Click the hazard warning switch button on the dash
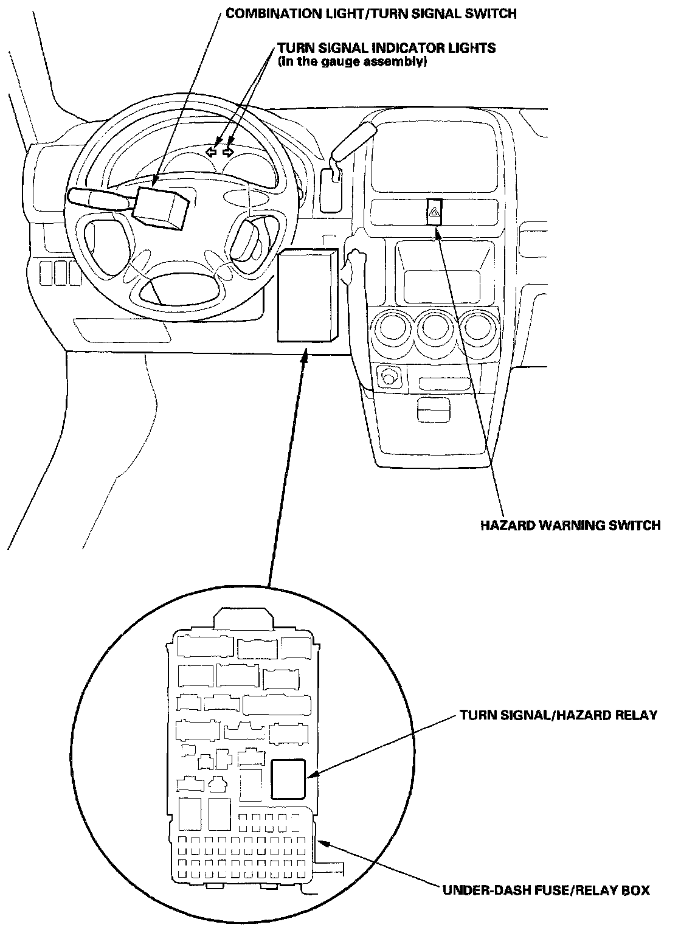(x=435, y=212)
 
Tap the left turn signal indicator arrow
(x=211, y=151)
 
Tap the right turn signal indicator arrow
(x=228, y=151)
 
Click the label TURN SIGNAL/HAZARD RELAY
(x=558, y=715)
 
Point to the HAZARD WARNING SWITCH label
(x=570, y=525)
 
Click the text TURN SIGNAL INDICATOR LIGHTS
(x=386, y=48)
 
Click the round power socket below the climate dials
(x=387, y=378)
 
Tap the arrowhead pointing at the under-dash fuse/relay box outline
(x=324, y=844)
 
